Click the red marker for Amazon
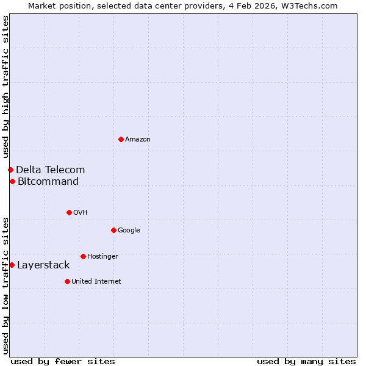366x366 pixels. tap(121, 140)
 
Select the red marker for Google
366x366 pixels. tap(113, 230)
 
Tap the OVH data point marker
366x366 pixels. tap(69, 212)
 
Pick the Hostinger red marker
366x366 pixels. tap(83, 256)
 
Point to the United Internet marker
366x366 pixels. tap(67, 281)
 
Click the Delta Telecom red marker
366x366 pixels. tap(10, 170)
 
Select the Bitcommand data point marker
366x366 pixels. tap(12, 181)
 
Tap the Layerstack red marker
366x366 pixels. tap(12, 265)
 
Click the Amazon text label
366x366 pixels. tap(138, 140)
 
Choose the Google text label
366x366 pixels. tap(129, 230)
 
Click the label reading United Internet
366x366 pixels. tap(96, 281)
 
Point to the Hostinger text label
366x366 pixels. tap(102, 256)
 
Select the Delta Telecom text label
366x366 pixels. tap(51, 170)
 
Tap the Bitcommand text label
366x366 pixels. tap(48, 181)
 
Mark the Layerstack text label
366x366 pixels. tap(43, 265)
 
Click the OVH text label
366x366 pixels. tap(80, 212)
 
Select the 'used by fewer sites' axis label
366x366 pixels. tap(63, 361)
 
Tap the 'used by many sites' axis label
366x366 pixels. tap(306, 361)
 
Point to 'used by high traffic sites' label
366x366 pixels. tap(5, 87)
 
